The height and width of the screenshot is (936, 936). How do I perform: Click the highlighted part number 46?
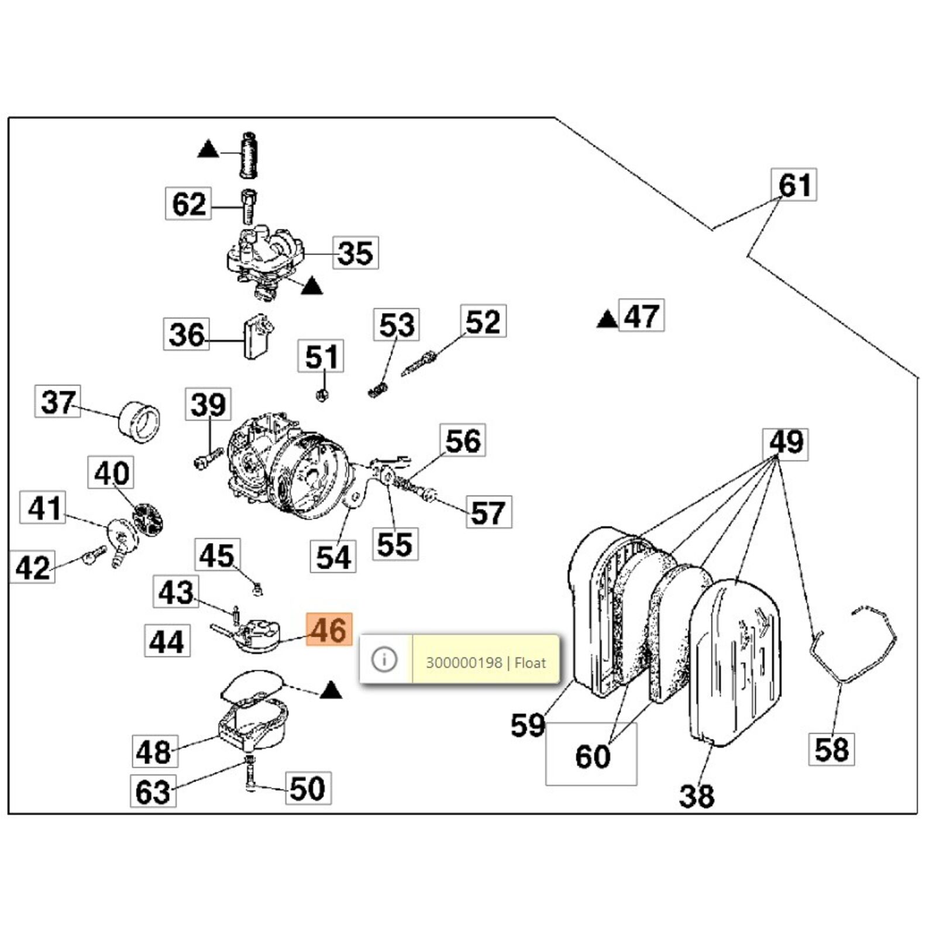pyautogui.click(x=329, y=629)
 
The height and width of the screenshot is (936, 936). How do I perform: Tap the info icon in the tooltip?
pyautogui.click(x=384, y=659)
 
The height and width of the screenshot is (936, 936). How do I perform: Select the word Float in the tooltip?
pyautogui.click(x=530, y=663)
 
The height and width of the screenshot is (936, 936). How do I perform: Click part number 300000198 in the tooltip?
pyautogui.click(x=463, y=663)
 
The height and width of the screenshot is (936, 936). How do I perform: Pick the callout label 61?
pyautogui.click(x=794, y=185)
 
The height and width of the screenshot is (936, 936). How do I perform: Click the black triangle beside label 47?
pyautogui.click(x=607, y=319)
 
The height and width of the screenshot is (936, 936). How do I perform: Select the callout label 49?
pyautogui.click(x=786, y=443)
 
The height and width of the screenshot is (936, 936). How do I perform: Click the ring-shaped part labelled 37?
pyautogui.click(x=140, y=422)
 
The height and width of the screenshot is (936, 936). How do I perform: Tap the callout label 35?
pyautogui.click(x=355, y=253)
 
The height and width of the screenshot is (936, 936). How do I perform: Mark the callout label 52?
pyautogui.click(x=483, y=321)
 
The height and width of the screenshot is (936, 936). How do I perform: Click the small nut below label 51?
pyautogui.click(x=321, y=395)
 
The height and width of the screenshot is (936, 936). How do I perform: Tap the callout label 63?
pyautogui.click(x=153, y=792)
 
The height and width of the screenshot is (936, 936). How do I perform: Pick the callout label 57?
pyautogui.click(x=488, y=512)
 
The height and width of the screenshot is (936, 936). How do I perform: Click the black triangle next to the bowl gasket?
pyautogui.click(x=331, y=690)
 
